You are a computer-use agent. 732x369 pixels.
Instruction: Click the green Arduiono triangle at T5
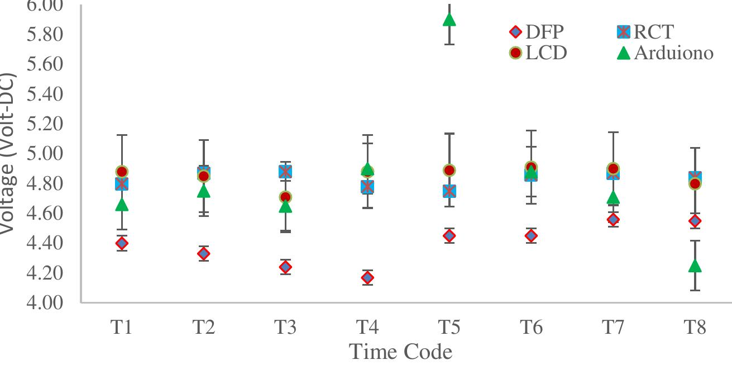click(x=449, y=20)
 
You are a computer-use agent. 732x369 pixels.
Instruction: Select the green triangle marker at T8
click(x=695, y=266)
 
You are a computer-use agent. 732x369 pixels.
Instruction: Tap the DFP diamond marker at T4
click(x=367, y=277)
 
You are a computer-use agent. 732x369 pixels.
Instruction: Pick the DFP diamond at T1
click(x=122, y=243)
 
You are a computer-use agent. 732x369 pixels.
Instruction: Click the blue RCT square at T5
click(x=449, y=191)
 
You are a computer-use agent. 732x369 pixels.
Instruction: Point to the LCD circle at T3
click(x=285, y=197)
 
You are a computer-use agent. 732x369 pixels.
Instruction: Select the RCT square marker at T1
click(x=122, y=183)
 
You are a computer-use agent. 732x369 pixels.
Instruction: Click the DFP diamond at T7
click(x=613, y=219)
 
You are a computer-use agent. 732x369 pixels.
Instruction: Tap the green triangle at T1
click(x=122, y=205)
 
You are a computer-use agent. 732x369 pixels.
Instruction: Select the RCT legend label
click(x=653, y=32)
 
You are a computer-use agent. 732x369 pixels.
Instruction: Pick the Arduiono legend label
click(x=673, y=53)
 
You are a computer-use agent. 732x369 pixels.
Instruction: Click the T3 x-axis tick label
click(x=285, y=328)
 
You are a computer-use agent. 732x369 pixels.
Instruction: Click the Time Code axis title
click(x=400, y=352)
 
